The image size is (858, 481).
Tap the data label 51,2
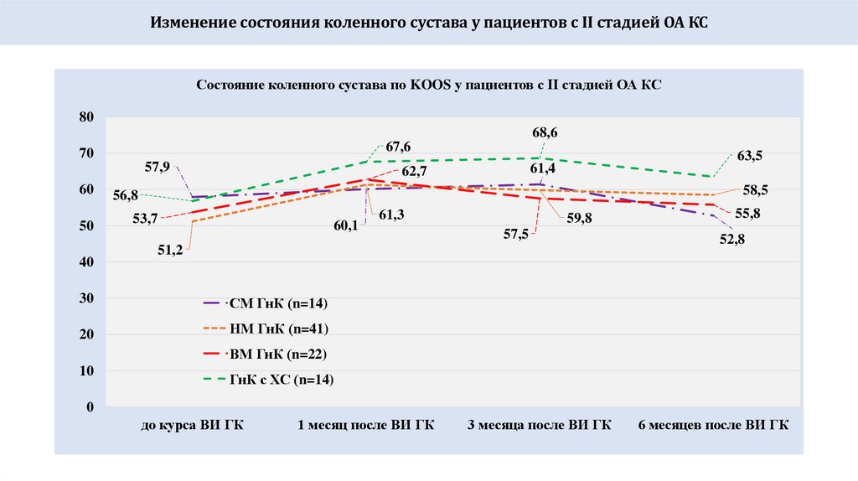coord(170,250)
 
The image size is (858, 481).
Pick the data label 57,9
coord(158,167)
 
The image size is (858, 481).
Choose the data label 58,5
coord(756,190)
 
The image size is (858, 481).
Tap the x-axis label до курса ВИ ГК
coord(192,425)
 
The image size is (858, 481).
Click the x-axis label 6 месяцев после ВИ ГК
coord(712,425)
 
